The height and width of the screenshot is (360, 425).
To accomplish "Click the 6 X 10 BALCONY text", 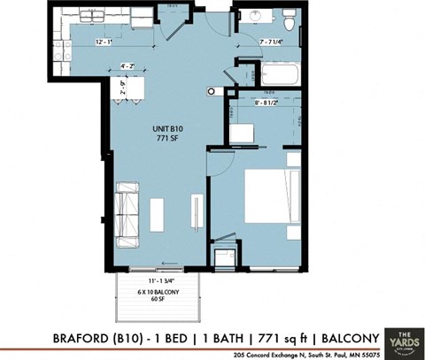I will pyautogui.click(x=155, y=291).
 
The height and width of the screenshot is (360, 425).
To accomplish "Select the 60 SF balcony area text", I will pyautogui.click(x=155, y=300).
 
